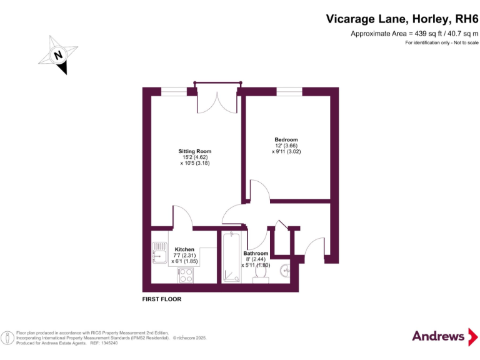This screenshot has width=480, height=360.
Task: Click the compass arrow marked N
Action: tap(59, 56)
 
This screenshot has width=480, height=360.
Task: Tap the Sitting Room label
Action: tap(195, 151)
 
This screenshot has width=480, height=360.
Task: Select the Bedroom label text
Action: tap(286, 139)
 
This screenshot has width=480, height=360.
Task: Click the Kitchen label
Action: tap(184, 249)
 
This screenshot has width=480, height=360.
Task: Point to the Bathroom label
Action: tap(256, 254)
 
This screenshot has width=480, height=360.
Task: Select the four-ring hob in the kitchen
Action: tap(186, 274)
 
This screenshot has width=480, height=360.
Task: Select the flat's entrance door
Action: tap(315, 246)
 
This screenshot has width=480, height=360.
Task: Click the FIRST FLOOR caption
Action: tap(162, 299)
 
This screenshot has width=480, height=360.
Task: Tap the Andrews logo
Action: tap(440, 336)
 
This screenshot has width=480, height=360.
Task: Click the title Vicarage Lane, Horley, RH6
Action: tap(402, 19)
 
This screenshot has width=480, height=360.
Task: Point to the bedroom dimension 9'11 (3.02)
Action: tap(286, 151)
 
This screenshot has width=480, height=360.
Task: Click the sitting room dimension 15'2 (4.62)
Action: tap(195, 157)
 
